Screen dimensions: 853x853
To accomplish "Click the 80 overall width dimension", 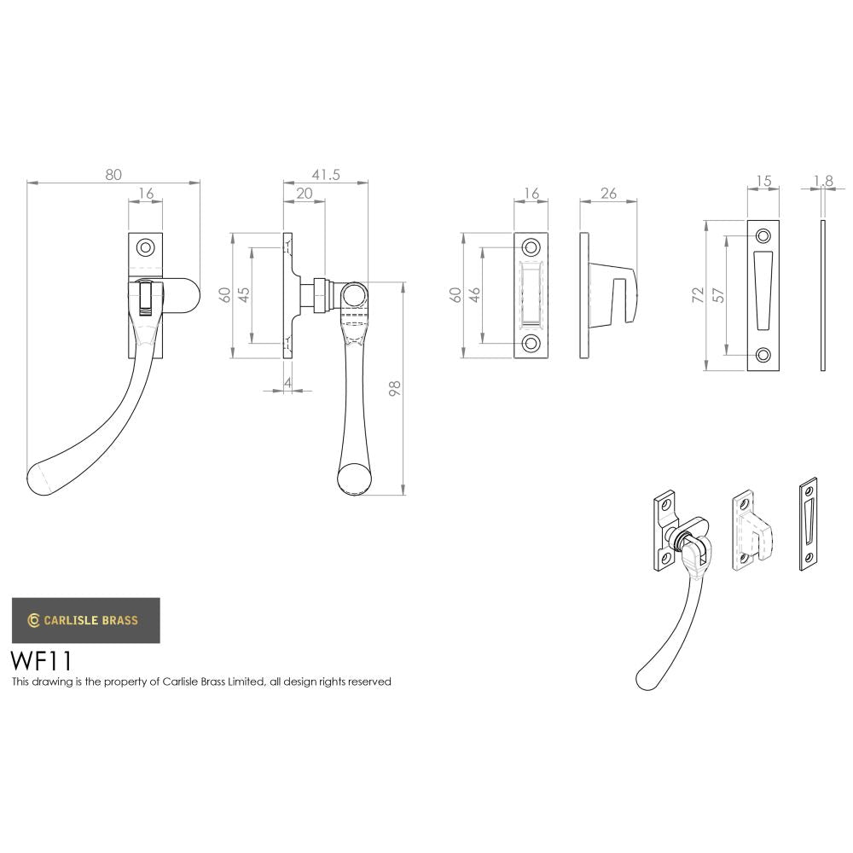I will tap(113, 174).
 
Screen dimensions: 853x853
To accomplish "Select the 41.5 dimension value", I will tap(326, 174).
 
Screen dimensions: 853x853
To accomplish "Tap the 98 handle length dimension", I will tap(394, 389).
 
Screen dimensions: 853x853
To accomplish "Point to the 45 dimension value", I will tap(243, 294).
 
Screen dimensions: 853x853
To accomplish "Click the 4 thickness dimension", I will tap(288, 383).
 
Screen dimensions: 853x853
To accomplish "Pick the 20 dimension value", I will tap(304, 194).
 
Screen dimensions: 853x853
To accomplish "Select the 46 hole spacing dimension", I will tap(474, 295).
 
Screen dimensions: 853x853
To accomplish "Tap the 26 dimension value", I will tap(608, 194).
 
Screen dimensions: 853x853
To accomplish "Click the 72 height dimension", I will tap(699, 295).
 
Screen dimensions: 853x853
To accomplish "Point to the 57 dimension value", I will tap(719, 295).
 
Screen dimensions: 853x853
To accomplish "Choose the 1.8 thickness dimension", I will tap(823, 181).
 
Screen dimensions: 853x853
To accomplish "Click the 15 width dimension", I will tap(763, 181).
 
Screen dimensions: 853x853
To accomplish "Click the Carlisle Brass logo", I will tap(84, 620).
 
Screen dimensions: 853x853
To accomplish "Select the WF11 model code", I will tap(41, 662).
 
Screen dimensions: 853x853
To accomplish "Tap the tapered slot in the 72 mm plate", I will tap(763, 290).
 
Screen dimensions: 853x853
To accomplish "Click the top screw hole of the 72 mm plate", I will tap(763, 235).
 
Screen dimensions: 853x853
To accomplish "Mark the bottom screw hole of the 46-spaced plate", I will tap(531, 343).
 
